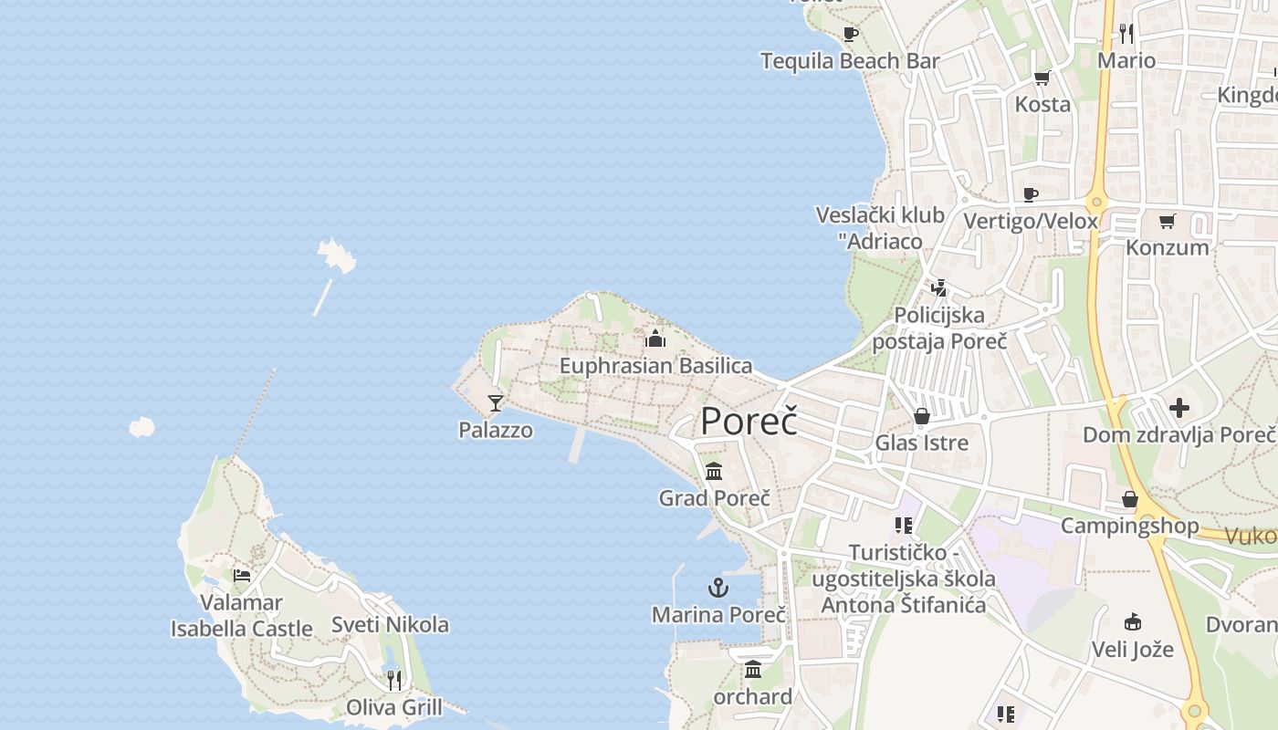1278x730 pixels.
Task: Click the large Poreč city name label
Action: tap(749, 422)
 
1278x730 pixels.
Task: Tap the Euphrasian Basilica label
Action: tap(655, 366)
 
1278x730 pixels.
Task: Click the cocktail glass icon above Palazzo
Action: tap(496, 402)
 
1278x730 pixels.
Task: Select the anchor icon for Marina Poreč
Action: tap(718, 588)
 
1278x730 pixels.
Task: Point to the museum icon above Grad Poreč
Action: tap(714, 472)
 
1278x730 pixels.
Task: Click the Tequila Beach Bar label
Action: tap(850, 61)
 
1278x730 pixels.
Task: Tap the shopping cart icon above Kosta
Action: tap(1042, 78)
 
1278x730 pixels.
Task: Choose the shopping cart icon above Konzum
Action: tap(1167, 221)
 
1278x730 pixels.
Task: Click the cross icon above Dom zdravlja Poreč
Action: tap(1178, 408)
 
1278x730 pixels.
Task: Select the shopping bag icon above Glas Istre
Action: tap(921, 417)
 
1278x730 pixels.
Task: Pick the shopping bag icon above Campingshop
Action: tap(1129, 499)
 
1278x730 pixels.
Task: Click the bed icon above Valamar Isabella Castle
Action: tap(242, 575)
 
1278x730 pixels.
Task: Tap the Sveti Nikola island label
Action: tap(390, 625)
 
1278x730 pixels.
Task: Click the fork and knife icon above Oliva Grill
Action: tap(393, 680)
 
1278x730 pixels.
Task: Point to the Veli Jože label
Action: tap(1133, 651)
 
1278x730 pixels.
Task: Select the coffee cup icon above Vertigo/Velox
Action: tap(1031, 194)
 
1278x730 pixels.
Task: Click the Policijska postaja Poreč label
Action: tap(939, 328)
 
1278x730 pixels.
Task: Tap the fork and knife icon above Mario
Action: tap(1126, 34)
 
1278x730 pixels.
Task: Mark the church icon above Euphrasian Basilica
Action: tap(655, 339)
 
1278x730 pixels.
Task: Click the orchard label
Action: tap(753, 697)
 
